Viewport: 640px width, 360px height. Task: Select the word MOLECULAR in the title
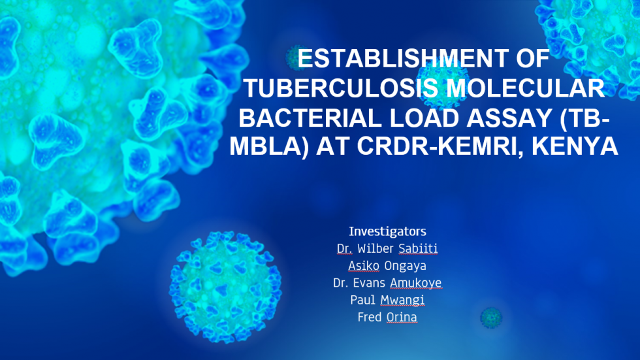click(x=525, y=88)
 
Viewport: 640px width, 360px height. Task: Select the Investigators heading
click(x=387, y=231)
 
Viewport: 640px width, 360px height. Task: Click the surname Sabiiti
click(x=418, y=248)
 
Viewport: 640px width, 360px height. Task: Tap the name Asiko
click(x=364, y=266)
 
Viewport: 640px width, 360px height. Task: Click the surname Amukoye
click(x=415, y=284)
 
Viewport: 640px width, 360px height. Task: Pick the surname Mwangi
click(x=402, y=301)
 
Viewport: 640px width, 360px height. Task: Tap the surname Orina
click(x=402, y=317)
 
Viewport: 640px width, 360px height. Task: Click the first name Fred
click(x=370, y=317)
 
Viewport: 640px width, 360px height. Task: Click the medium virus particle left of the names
click(x=225, y=287)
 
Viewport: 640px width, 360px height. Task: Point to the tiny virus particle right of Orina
click(x=491, y=318)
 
